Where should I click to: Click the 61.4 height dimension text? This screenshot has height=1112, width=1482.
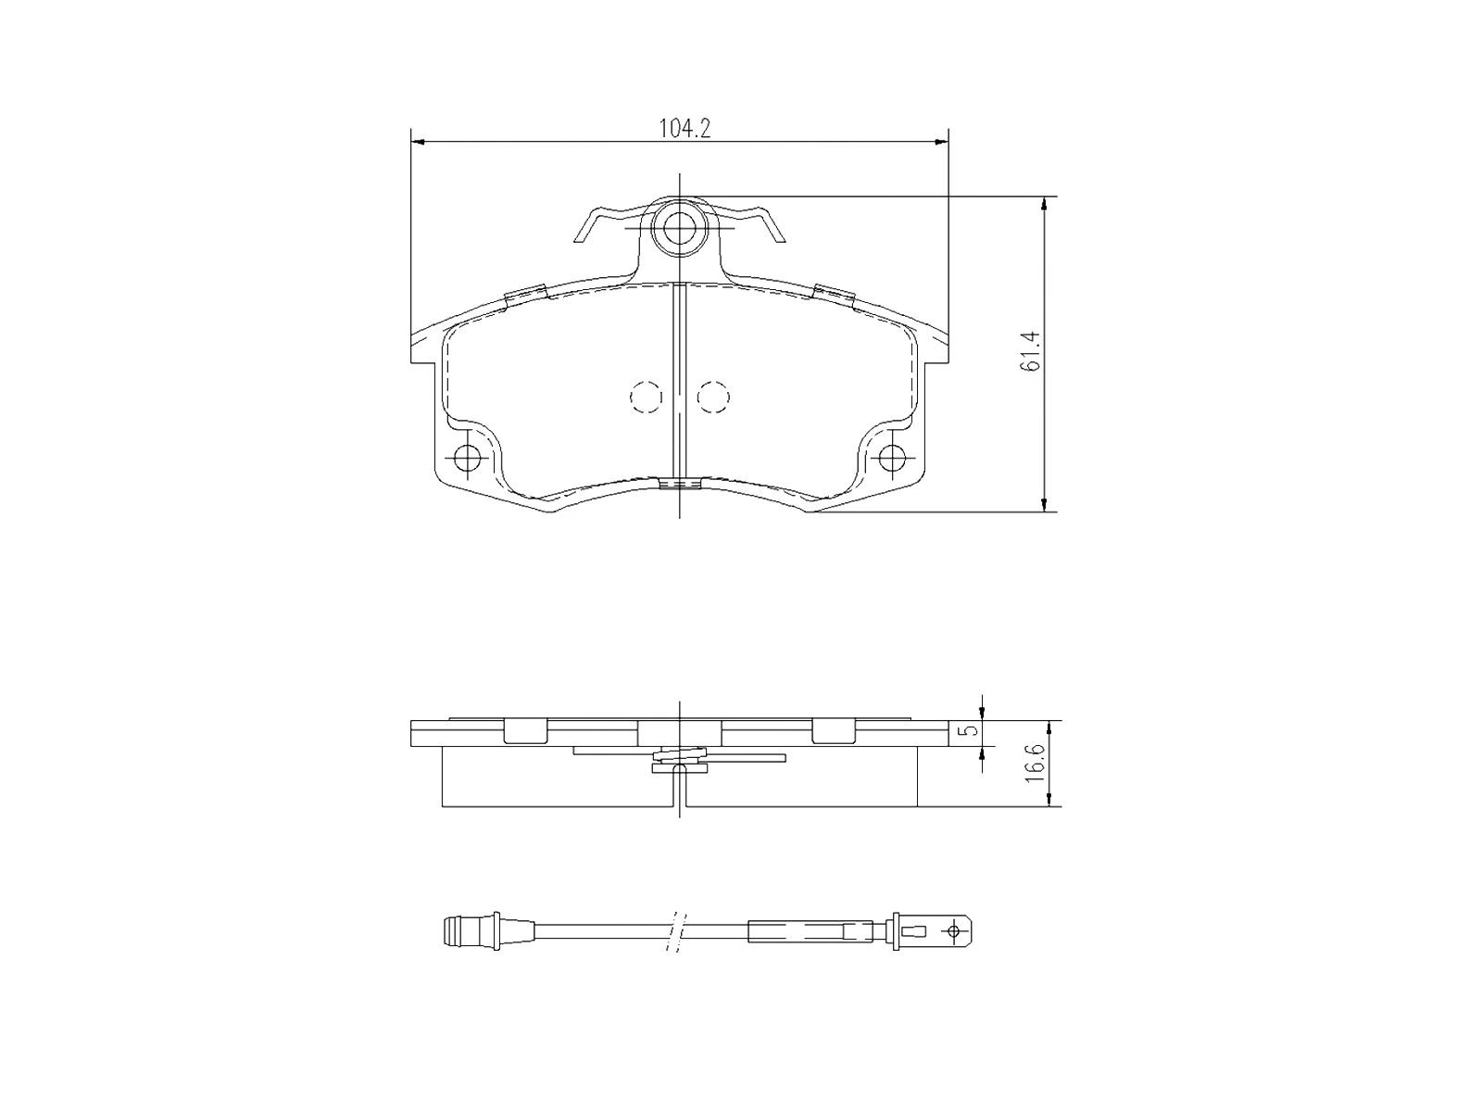click(1031, 352)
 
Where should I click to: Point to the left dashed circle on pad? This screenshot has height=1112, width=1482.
click(646, 397)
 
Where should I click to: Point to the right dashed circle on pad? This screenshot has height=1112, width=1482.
click(713, 397)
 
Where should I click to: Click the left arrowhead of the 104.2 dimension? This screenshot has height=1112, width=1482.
click(417, 142)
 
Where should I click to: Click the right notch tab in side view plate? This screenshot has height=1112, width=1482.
click(832, 732)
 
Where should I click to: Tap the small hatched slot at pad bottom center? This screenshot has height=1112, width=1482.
click(679, 484)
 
